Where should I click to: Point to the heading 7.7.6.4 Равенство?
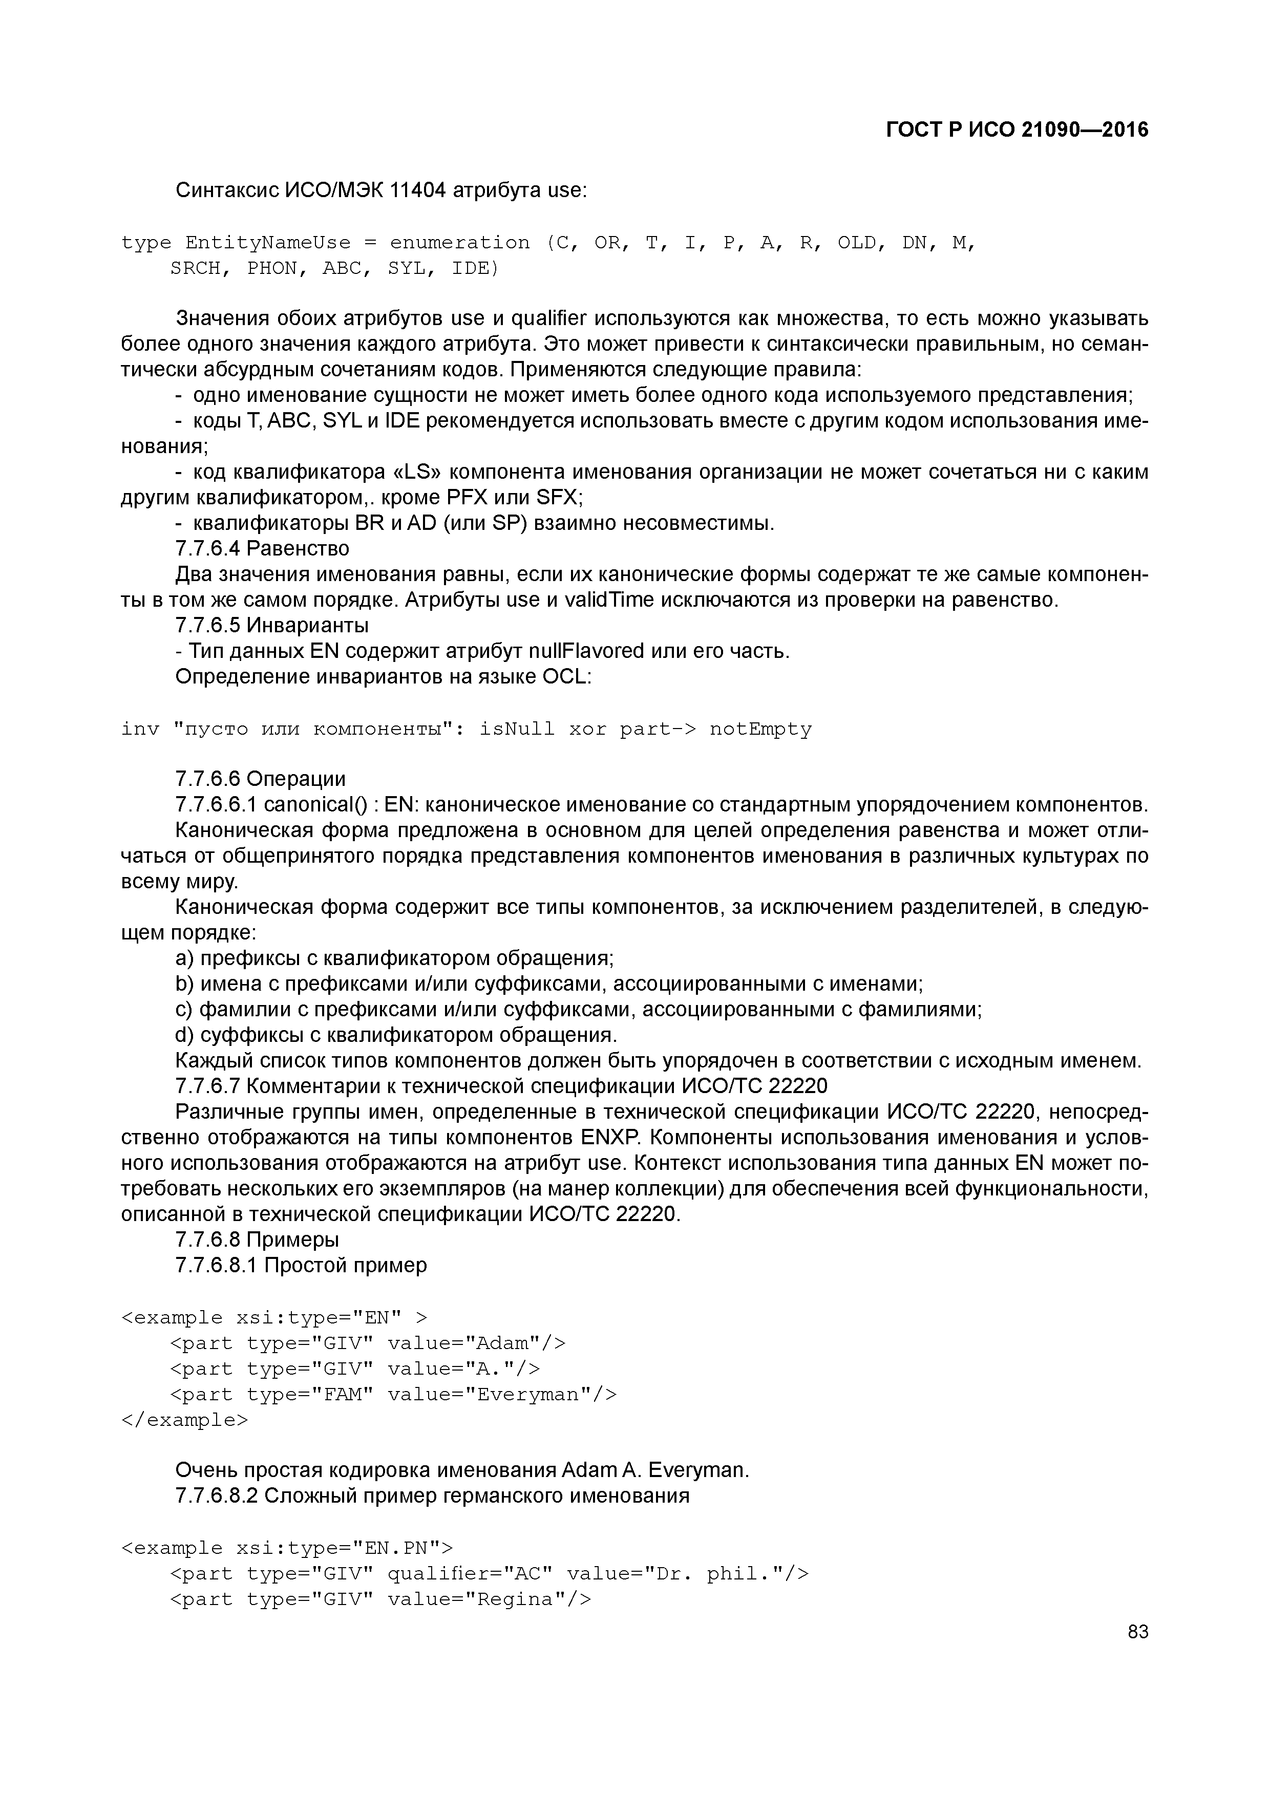tap(262, 548)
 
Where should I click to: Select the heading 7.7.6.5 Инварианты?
tap(271, 625)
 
